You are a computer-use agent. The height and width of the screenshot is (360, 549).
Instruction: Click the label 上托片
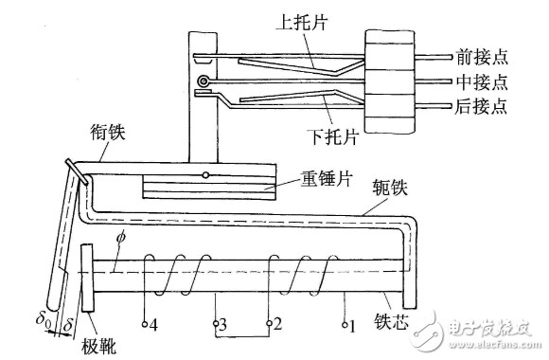[x=302, y=22]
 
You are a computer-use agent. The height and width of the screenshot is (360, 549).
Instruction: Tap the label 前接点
[x=482, y=57]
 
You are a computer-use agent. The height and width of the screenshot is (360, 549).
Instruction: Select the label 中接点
[x=482, y=81]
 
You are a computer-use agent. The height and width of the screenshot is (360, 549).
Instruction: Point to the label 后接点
[x=481, y=105]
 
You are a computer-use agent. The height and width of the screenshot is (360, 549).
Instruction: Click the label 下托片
[x=332, y=136]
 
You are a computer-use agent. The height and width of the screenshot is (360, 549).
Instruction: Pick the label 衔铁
[x=108, y=132]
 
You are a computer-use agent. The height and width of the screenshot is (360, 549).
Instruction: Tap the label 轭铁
[x=390, y=188]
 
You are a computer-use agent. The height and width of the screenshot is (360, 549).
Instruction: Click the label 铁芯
[x=392, y=321]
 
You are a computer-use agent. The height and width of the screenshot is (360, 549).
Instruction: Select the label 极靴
[x=99, y=347]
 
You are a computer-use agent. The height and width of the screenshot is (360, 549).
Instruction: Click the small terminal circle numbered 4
[x=145, y=324]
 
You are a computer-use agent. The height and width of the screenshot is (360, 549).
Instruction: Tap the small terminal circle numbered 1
[x=345, y=325]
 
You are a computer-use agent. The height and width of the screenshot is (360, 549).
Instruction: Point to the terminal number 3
[x=222, y=325]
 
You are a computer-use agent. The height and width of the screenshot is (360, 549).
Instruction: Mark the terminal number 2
[x=277, y=324]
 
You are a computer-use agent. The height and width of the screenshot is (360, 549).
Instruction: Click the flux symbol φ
[x=121, y=238]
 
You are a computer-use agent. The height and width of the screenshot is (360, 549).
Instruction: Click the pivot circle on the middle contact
[x=203, y=81]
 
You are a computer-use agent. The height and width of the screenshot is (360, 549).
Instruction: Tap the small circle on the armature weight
[x=206, y=175]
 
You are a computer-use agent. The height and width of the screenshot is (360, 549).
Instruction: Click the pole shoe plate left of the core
[x=87, y=278]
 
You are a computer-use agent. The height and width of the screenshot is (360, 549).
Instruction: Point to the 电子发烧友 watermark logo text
[x=490, y=329]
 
